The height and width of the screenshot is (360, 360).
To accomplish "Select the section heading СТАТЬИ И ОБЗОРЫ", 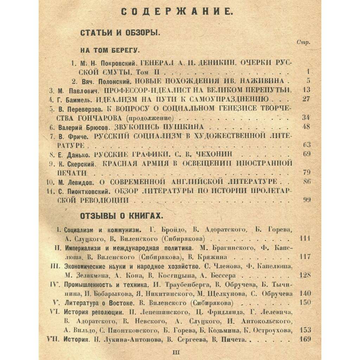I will pos(120,33).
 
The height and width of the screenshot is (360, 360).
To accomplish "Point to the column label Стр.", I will pos(303,43).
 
